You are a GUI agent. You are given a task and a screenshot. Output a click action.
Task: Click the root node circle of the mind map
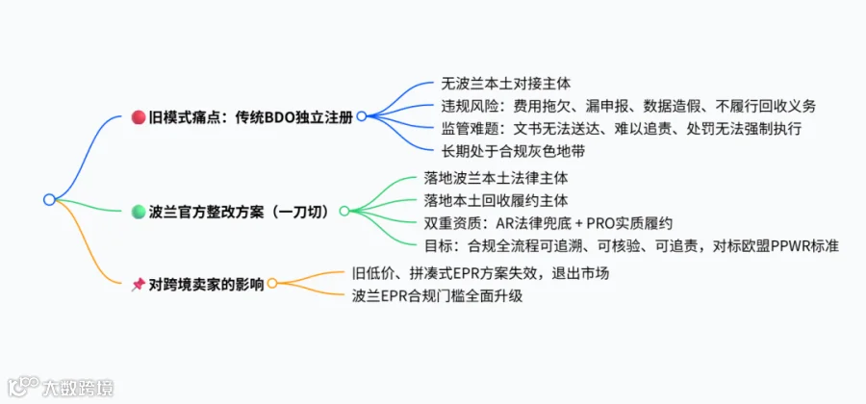50,200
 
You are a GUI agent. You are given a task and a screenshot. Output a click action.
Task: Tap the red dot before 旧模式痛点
138,117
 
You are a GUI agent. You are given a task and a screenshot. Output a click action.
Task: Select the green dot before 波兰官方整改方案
138,211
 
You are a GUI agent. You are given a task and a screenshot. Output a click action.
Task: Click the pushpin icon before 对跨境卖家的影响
138,284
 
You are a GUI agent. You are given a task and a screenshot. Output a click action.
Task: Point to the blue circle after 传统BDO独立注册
362,116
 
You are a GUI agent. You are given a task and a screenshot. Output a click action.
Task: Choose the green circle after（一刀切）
344,211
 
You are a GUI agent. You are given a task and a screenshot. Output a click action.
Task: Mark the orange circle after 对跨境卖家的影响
272,284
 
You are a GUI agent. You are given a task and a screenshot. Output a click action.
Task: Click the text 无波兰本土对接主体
506,84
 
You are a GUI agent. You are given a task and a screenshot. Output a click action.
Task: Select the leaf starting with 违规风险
628,106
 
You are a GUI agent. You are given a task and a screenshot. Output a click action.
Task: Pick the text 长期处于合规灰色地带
513,151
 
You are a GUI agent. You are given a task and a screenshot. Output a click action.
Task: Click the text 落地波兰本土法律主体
496,178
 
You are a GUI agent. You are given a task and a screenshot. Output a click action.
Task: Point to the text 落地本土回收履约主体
496,200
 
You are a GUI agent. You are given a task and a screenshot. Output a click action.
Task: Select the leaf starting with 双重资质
548,223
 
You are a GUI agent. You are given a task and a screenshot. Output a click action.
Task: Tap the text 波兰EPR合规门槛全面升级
437,296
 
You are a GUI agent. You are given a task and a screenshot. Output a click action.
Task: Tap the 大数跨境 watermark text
78,388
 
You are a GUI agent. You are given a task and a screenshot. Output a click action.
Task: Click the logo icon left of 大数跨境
23,386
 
